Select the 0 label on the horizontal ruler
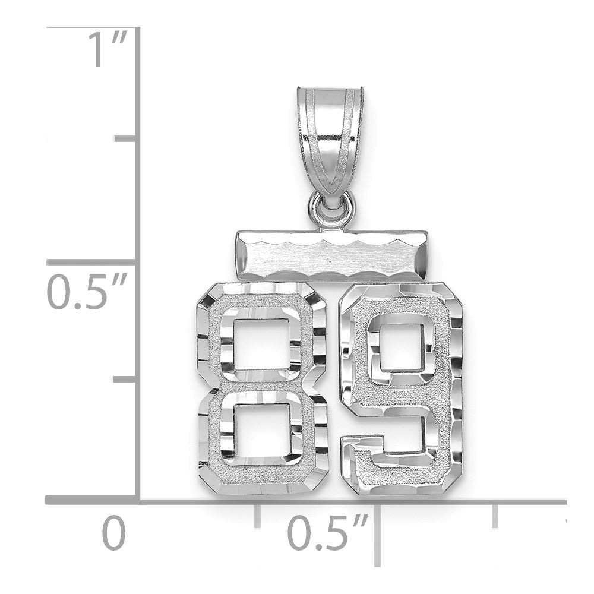[x=113, y=533]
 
